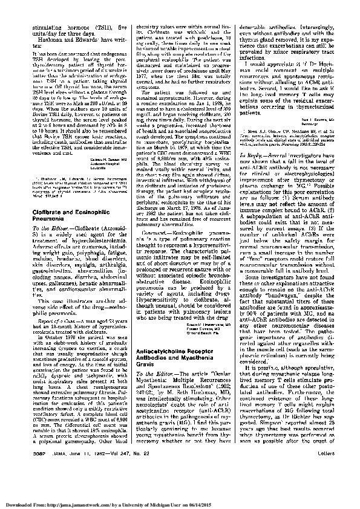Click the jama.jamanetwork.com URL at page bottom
click(x=77, y=503)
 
